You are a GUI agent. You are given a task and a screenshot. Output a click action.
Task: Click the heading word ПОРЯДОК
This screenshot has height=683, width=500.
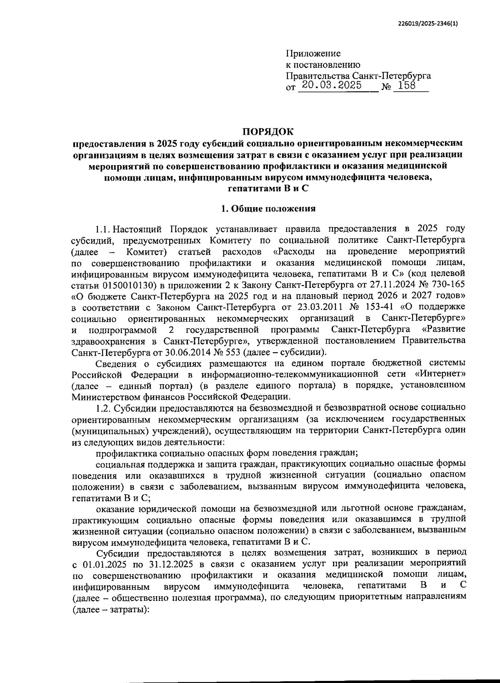coord(268,132)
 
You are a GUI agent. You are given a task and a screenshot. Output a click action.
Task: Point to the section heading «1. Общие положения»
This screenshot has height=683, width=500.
coord(268,208)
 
